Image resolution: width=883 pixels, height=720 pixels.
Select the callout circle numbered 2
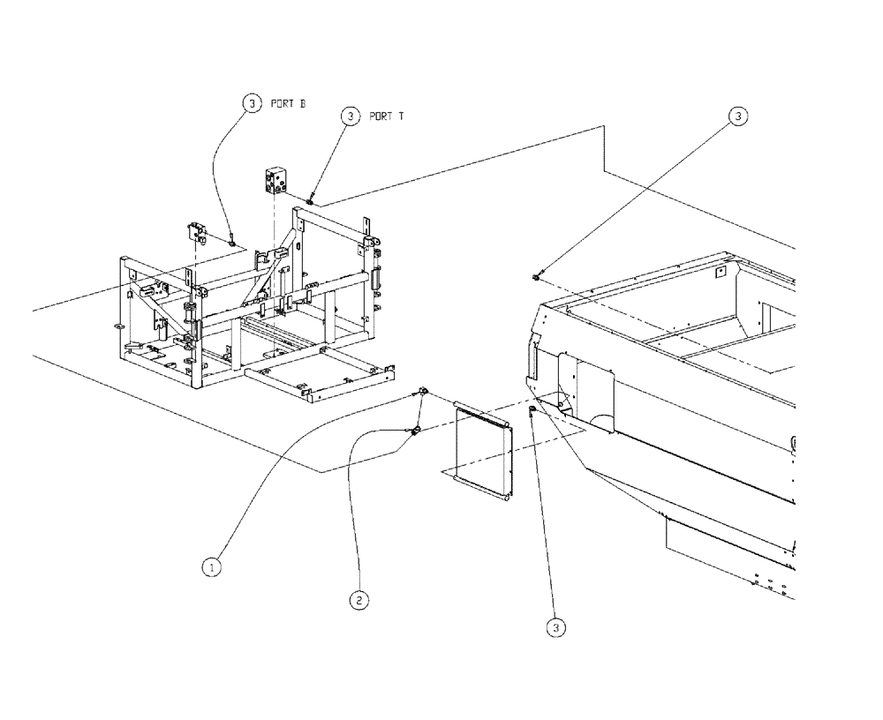(x=358, y=599)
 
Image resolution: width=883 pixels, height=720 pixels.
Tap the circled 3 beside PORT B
(x=253, y=103)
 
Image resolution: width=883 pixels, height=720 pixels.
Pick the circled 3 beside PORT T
(x=351, y=116)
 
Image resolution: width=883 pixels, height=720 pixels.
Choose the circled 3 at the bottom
(x=555, y=627)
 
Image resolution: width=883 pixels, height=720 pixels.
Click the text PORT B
(x=288, y=103)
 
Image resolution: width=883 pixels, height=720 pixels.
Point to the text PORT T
(x=387, y=116)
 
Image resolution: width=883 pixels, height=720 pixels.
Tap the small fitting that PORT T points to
(x=311, y=201)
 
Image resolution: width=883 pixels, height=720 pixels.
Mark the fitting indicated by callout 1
(x=423, y=391)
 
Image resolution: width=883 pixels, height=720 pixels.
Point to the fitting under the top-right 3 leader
(x=537, y=278)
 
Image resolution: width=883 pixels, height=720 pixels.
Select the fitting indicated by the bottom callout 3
(x=532, y=411)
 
